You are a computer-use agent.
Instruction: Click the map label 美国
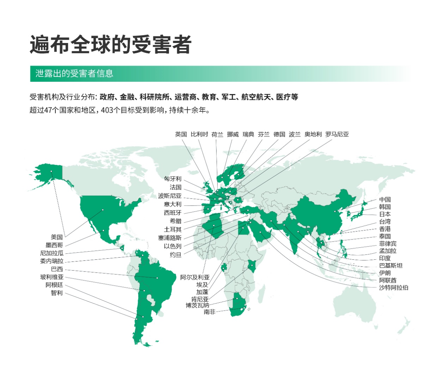coord(57,237)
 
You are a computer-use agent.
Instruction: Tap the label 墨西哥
coord(54,245)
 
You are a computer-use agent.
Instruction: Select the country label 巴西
coord(57,269)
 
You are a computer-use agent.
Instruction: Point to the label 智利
coord(57,293)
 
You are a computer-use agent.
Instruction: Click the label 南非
coord(209,312)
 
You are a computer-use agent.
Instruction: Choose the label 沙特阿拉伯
coord(394,287)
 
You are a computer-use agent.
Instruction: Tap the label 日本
coord(385,214)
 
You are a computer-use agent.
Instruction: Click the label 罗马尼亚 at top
coord(337,134)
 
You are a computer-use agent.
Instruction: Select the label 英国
coord(181,134)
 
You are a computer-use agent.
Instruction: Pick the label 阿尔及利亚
coord(195,277)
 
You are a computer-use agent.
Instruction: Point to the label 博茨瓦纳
coord(197,305)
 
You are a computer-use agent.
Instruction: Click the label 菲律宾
coord(388,243)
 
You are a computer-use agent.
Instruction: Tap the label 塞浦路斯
coord(170,238)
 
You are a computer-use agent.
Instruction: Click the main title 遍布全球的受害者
coord(111,45)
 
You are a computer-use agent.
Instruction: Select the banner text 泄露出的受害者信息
coord(74,74)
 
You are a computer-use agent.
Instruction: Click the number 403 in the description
coord(107,110)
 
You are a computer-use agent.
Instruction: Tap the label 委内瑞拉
coord(52,261)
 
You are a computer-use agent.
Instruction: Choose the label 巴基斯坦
coord(391,265)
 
